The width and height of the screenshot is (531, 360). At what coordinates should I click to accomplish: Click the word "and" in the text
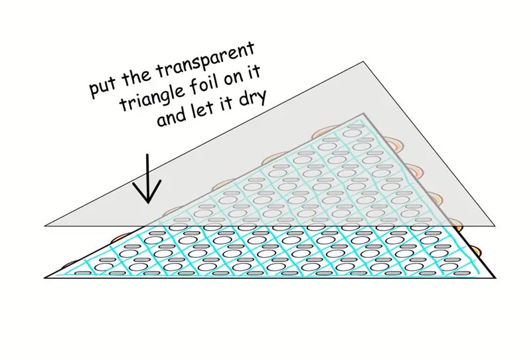pyautogui.click(x=172, y=117)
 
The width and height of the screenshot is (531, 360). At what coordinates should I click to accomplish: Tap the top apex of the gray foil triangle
pyautogui.click(x=363, y=62)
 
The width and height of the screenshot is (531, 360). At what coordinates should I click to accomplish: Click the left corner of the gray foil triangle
pyautogui.click(x=45, y=226)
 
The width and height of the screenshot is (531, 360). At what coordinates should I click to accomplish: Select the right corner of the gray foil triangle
pyautogui.click(x=494, y=226)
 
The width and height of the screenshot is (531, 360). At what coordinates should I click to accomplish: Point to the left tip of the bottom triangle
pyautogui.click(x=45, y=278)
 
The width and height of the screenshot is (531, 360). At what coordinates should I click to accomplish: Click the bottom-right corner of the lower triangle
pyautogui.click(x=495, y=278)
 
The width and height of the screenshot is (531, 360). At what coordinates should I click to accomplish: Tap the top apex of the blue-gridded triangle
pyautogui.click(x=363, y=114)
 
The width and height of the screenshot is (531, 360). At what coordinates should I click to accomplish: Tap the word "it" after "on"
pyautogui.click(x=255, y=72)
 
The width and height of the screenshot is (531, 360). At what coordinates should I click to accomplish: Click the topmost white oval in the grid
pyautogui.click(x=351, y=132)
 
